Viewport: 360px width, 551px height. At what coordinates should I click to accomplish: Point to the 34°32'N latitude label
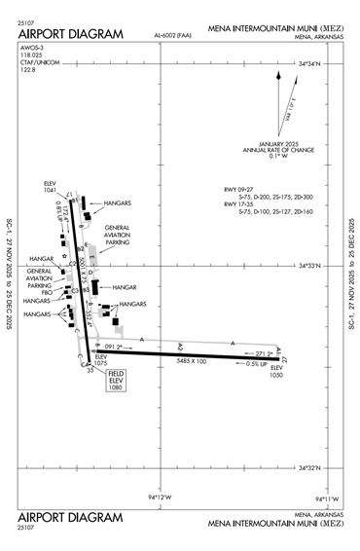click(317, 466)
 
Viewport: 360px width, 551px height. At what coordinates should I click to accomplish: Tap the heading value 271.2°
click(264, 352)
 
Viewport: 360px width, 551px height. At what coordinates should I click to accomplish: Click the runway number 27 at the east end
click(285, 360)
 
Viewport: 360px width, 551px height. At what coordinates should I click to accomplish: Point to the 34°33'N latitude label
click(317, 265)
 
